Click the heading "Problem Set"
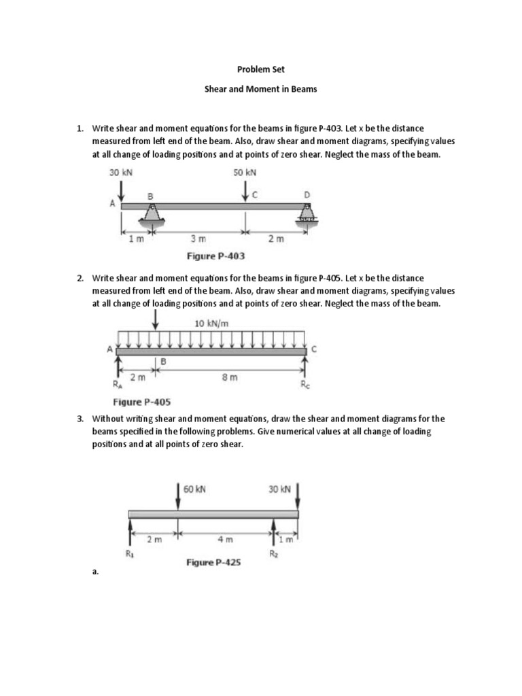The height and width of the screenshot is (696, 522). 261,69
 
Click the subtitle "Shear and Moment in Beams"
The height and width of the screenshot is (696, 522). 261,90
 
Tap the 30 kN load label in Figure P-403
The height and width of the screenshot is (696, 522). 121,173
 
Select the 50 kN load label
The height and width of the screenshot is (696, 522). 245,173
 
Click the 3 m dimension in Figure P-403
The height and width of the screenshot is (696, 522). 198,239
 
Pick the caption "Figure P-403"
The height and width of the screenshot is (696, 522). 215,256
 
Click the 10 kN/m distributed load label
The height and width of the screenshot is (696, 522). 211,324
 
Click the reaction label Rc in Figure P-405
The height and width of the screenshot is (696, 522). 304,384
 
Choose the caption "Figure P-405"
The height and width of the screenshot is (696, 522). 142,401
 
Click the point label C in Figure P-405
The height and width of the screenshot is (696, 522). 313,349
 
